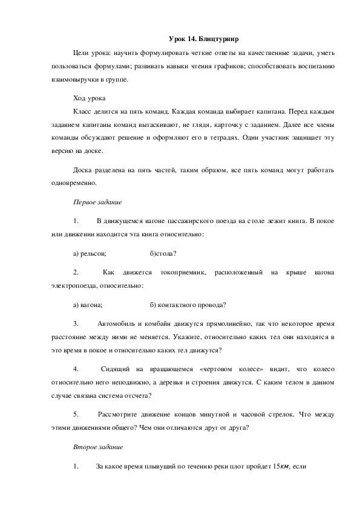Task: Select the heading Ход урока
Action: tap(89, 97)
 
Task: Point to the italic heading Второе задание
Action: tap(98, 447)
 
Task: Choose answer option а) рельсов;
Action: tap(90, 253)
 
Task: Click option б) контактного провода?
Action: tap(188, 304)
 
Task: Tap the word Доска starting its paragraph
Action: tap(82, 169)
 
